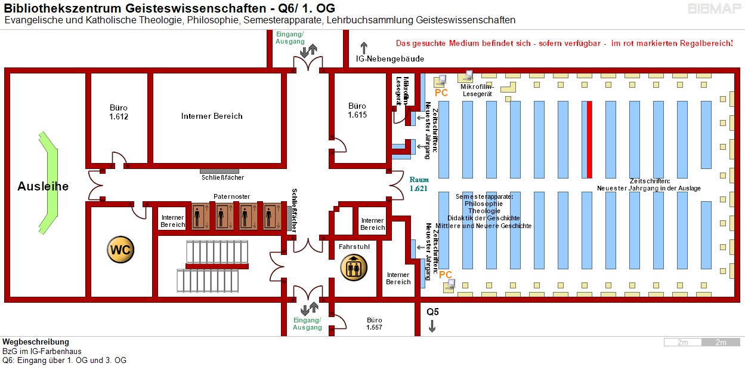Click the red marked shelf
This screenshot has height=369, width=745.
coord(589,140)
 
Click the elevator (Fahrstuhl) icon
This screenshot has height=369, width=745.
coord(353,267)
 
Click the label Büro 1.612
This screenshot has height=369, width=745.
coord(119,112)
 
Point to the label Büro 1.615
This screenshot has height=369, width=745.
coord(357,110)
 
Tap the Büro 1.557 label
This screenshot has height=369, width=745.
coord(374,324)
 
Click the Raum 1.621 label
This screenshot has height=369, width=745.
coord(418,183)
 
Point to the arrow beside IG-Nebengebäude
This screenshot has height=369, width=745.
coord(364,48)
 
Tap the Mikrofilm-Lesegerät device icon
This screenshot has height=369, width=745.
coord(466,76)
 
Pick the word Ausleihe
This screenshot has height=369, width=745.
coord(43,186)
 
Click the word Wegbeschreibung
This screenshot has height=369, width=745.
coord(36,342)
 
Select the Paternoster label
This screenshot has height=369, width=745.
coord(232,196)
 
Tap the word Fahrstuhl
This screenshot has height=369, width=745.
coord(352,246)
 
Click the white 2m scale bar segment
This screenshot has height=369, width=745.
coord(682,342)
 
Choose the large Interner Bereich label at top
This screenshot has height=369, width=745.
coord(212,116)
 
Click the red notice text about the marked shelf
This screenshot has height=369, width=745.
coord(564,44)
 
